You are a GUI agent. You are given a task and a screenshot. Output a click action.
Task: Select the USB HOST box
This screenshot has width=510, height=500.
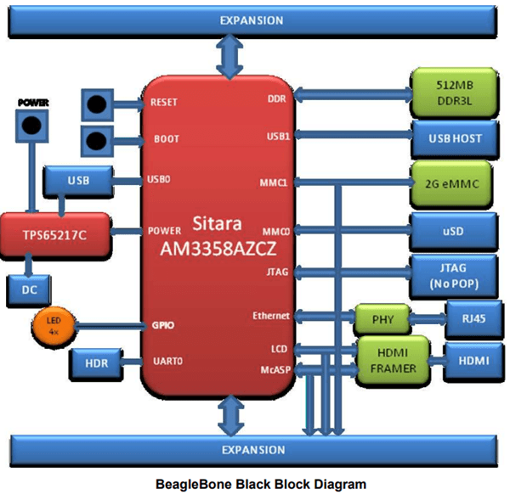pos(453,137)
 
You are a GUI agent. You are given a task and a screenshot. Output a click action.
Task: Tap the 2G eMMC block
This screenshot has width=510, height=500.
pos(453,183)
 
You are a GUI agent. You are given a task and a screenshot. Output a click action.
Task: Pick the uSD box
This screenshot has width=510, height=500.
pos(453,230)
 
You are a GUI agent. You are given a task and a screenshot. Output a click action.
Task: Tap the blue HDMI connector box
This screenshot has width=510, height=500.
pos(470,360)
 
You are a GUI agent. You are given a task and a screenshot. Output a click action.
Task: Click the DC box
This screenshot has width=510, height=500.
pos(30,289)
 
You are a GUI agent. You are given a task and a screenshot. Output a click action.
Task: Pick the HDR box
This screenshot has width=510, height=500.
pos(96,363)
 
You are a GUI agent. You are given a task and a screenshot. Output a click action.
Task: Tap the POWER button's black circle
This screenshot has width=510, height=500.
pos(32,126)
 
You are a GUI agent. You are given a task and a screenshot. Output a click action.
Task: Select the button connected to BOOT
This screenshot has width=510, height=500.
pos(98,140)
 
